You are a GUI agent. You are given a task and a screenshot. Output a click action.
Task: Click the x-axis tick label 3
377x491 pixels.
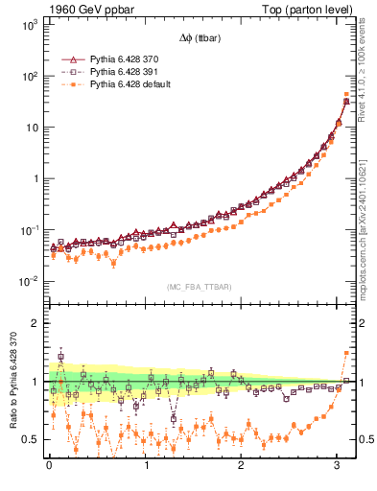(x=339, y=466)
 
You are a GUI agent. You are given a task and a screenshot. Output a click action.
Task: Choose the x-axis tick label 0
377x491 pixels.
(x=49, y=466)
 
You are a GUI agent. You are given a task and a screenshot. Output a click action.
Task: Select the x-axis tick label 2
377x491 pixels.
(x=242, y=466)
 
